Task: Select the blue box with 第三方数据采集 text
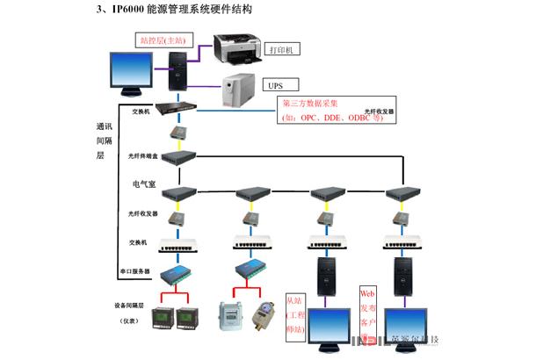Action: (330, 111)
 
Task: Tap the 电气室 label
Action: (143, 184)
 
